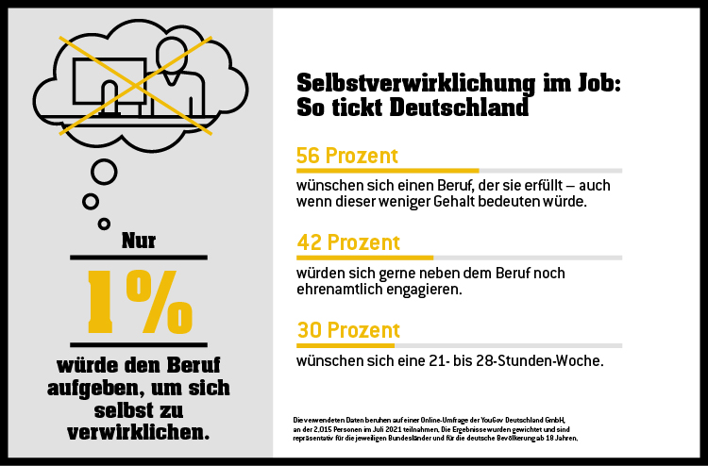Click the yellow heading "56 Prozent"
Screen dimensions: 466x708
[x=346, y=156]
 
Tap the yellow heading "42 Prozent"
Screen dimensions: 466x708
[x=347, y=242]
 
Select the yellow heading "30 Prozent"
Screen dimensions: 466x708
[x=347, y=330]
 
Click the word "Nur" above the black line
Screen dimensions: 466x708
[x=139, y=241]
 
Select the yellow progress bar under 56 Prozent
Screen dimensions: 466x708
[x=387, y=171]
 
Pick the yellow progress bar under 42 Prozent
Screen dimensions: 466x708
[x=364, y=258]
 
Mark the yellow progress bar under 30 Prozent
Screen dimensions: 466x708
[x=344, y=345]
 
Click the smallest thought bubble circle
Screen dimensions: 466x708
[x=104, y=224]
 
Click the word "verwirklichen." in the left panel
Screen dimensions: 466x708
[x=139, y=433]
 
